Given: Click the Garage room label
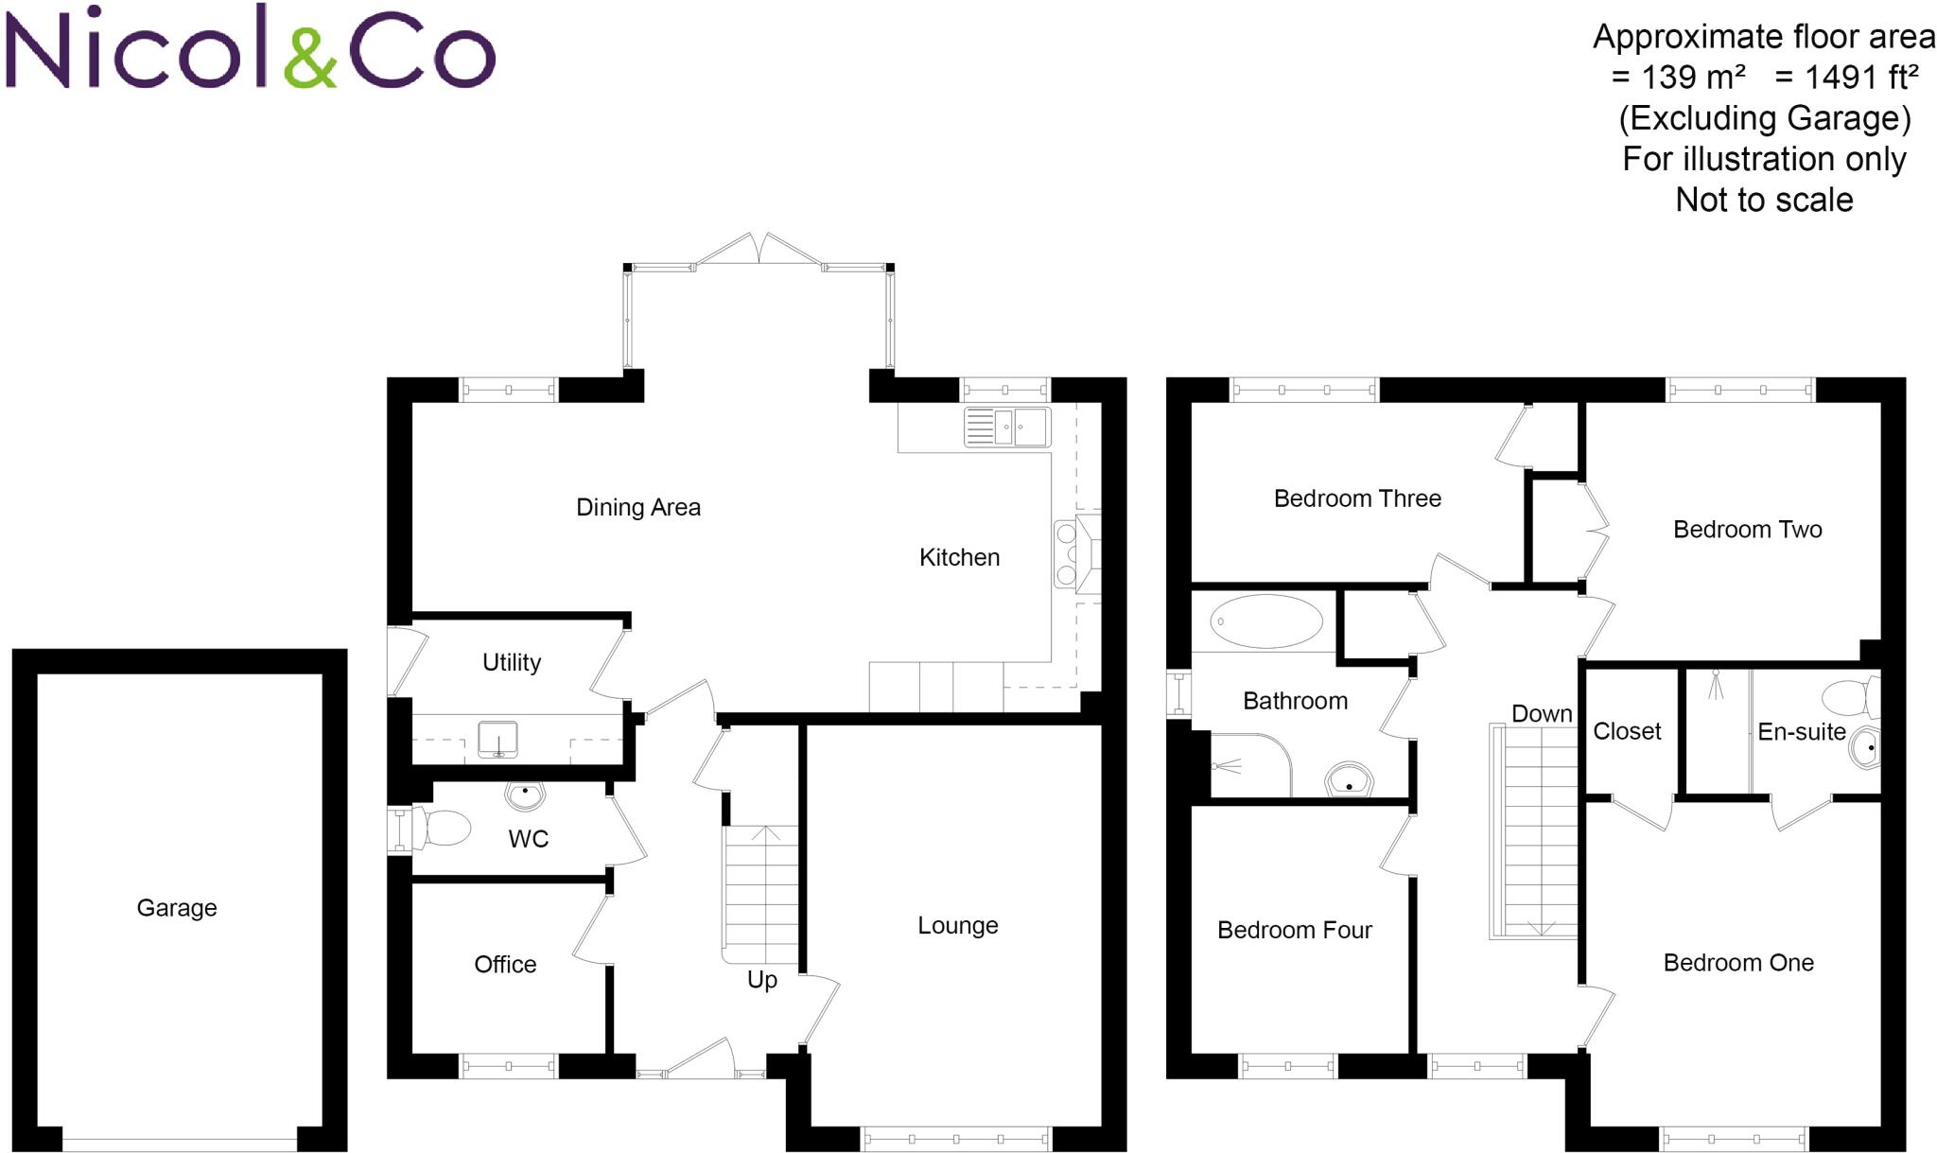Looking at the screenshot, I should pyautogui.click(x=177, y=908).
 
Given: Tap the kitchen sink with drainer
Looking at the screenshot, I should pyautogui.click(x=1007, y=427).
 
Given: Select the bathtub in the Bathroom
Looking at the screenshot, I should pyautogui.click(x=1266, y=621).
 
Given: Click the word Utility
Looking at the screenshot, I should pyautogui.click(x=512, y=662).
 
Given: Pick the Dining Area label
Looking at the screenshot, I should pyautogui.click(x=638, y=508).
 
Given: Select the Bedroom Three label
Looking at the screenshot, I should pyautogui.click(x=1357, y=498).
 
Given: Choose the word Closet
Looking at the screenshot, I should pyautogui.click(x=1627, y=731).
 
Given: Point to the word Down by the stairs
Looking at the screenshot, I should pyautogui.click(x=1542, y=714).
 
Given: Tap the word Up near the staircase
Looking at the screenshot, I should pyautogui.click(x=762, y=980).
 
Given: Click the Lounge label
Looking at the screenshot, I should pyautogui.click(x=957, y=925).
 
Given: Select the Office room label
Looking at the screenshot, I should pyautogui.click(x=505, y=965).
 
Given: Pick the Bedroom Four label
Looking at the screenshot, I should pyautogui.click(x=1294, y=931).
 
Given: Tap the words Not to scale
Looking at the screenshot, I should pyautogui.click(x=1764, y=200).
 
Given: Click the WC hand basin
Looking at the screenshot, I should pyautogui.click(x=525, y=795).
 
